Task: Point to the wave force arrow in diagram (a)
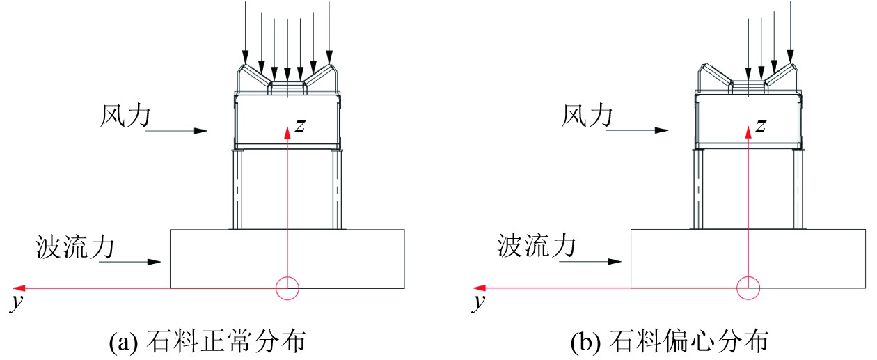[130, 263]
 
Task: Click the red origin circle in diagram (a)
[287, 288]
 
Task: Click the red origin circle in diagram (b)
[748, 287]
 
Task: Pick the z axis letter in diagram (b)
[761, 125]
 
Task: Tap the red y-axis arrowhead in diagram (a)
[21, 288]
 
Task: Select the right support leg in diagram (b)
[798, 189]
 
